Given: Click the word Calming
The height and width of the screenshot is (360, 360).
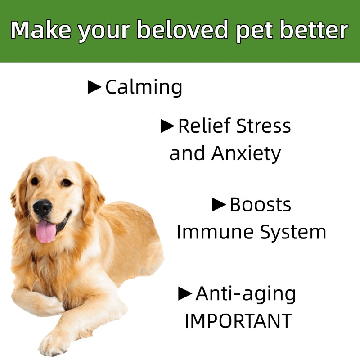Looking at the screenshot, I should (x=144, y=87).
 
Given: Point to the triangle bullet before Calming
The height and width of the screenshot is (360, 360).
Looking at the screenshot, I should (x=94, y=87).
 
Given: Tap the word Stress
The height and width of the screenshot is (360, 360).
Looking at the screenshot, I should (x=264, y=126).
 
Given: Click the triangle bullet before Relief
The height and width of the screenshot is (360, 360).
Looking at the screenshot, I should (x=167, y=126).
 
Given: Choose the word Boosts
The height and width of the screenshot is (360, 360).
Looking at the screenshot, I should (x=260, y=205).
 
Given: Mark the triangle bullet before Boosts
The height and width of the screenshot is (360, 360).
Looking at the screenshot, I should (x=219, y=205).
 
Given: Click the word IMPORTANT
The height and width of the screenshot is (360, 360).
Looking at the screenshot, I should (x=238, y=321).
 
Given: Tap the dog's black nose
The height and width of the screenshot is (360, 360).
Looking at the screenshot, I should (x=43, y=208).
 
